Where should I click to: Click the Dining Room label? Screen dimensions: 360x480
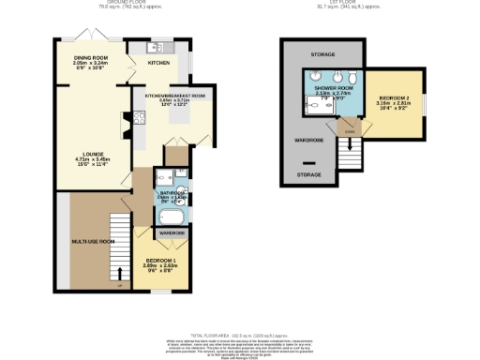[91, 58]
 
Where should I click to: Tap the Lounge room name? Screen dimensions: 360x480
[91, 155]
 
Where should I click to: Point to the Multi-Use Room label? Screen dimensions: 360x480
[93, 242]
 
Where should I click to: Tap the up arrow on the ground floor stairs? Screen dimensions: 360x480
[119, 274]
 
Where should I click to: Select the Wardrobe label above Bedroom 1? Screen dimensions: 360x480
[171, 232]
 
